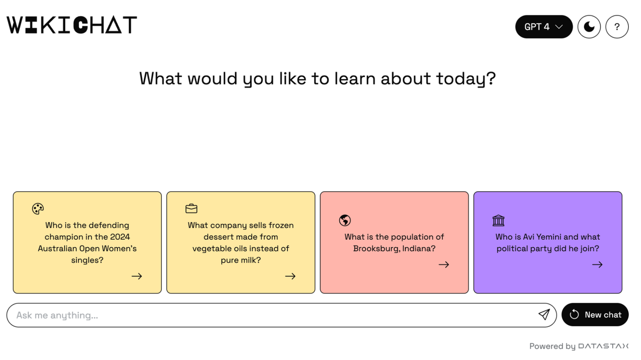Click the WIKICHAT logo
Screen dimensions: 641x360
pos(72,25)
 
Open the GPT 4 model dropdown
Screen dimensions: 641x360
pos(544,27)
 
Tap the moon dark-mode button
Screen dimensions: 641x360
pos(589,27)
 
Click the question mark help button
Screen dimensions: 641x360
pos(617,27)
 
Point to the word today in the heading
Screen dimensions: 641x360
pos(466,79)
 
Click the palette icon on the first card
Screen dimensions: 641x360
pos(38,209)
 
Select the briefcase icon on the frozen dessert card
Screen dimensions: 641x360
pos(191,209)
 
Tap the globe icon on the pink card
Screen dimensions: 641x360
pos(345,221)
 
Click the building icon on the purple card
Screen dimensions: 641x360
pos(498,221)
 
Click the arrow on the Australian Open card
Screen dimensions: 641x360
pos(137,276)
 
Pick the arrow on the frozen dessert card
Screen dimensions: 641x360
pos(290,276)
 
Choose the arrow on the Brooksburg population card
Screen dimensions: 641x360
pos(444,265)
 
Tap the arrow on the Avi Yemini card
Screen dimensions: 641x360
pos(597,265)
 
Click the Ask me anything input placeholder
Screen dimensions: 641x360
pos(57,315)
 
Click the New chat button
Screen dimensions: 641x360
pos(595,315)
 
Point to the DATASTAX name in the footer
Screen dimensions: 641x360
pos(603,346)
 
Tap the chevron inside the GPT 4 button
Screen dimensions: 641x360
pos(559,27)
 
